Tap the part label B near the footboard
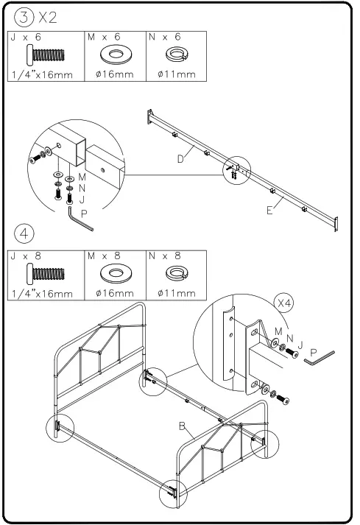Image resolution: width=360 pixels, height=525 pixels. (x=181, y=426)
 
